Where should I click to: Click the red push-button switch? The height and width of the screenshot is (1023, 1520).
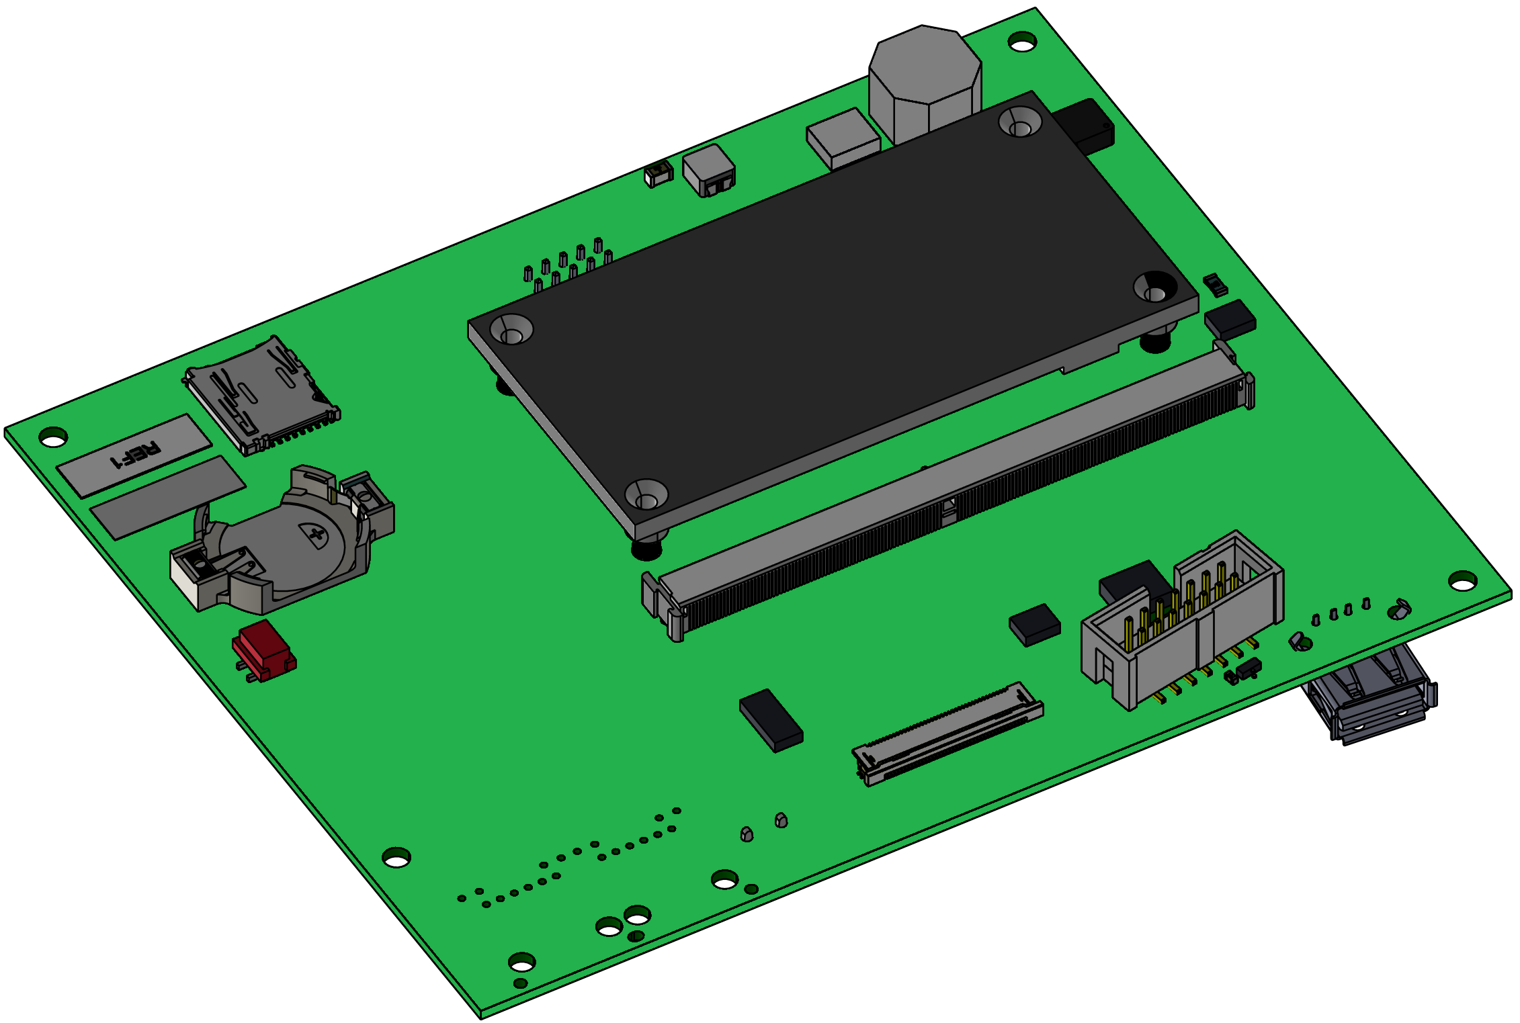pyautogui.click(x=264, y=651)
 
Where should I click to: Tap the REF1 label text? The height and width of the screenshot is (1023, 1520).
pyautogui.click(x=136, y=454)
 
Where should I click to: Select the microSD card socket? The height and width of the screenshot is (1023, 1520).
pyautogui.click(x=261, y=396)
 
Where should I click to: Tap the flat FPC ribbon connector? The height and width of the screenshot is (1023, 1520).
pyautogui.click(x=948, y=733)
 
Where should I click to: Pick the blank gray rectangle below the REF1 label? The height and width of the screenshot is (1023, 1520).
pyautogui.click(x=168, y=498)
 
